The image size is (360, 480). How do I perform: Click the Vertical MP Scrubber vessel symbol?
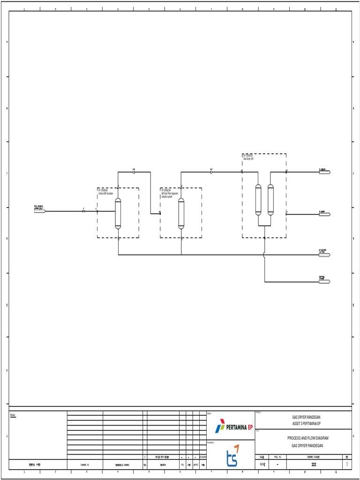point(118,214)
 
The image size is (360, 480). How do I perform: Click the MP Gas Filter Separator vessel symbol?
point(181,214)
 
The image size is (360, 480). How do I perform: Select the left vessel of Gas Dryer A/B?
point(258,200)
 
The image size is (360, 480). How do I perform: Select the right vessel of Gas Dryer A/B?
point(270,200)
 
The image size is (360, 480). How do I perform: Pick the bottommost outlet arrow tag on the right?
point(325,282)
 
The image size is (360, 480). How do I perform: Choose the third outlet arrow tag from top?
point(325,255)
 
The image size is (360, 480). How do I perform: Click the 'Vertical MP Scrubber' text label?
point(106,194)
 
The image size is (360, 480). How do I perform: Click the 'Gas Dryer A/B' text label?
point(248,159)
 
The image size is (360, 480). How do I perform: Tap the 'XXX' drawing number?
point(307,465)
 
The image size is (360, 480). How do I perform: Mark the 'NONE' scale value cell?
point(262,465)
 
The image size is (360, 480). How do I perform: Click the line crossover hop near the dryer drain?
point(265,255)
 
